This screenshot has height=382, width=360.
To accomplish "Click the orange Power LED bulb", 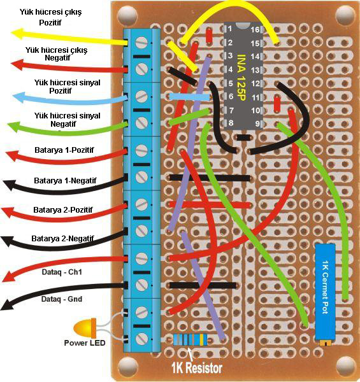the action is point(85,327).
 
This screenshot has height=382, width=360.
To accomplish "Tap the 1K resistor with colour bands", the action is point(191,339).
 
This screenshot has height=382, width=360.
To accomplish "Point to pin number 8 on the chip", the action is point(231,122).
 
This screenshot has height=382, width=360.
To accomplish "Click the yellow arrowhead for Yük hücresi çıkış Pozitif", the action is point(17,33).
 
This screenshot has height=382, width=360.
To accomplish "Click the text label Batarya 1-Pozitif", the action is point(64,150).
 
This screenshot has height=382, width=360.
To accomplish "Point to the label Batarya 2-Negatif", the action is point(62,238).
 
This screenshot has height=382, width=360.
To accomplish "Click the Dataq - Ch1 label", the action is point(62,272).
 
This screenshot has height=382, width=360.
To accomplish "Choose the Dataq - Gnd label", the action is point(62,299).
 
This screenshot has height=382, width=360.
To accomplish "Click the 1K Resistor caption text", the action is point(197,368).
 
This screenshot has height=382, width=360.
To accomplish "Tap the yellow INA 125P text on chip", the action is point(241,77).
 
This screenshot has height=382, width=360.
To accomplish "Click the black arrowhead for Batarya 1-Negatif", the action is point(10,185).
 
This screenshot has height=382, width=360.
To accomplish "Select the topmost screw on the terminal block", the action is point(141,43).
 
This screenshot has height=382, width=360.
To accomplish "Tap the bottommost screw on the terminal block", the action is point(141,339).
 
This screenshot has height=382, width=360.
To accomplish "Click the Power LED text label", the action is point(85,343).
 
